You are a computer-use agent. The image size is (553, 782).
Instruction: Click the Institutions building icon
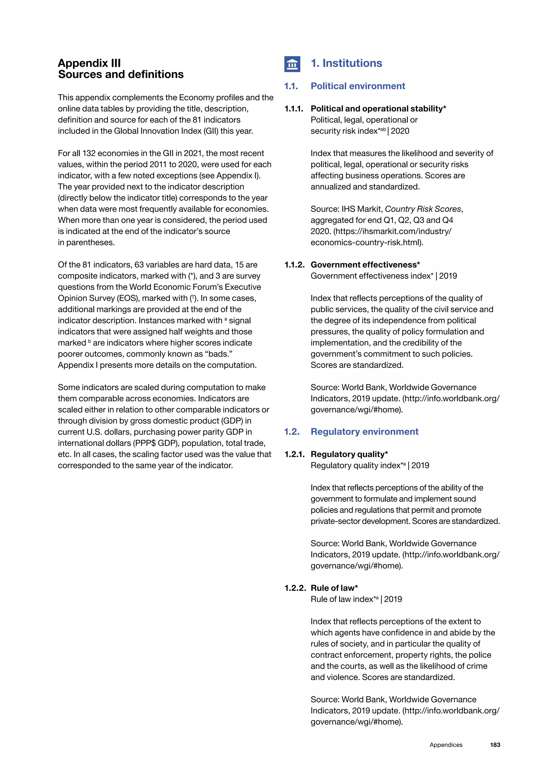(292, 64)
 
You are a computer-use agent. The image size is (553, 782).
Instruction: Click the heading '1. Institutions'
(346, 63)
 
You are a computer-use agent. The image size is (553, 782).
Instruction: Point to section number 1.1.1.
(294, 109)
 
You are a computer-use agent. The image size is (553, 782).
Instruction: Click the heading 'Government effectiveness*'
(365, 265)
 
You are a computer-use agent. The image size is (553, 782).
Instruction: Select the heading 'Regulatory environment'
(364, 432)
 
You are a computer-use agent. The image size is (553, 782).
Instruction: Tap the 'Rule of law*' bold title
(334, 588)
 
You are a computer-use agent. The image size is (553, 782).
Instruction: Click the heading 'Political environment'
(358, 86)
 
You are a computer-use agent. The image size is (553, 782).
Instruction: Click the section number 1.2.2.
(295, 588)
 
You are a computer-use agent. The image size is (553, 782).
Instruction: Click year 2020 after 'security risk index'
(400, 131)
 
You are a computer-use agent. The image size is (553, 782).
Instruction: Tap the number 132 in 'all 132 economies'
(89, 153)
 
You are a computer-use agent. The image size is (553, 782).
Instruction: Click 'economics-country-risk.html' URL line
(367, 242)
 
